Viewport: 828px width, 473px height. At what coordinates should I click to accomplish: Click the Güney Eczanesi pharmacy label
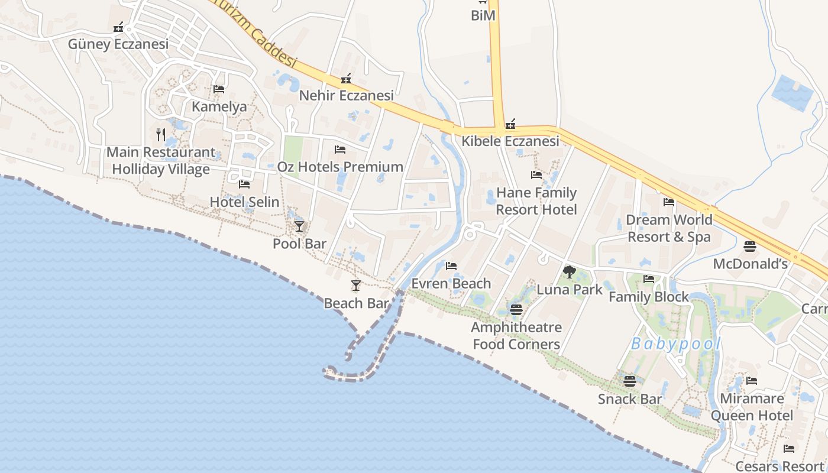point(118,44)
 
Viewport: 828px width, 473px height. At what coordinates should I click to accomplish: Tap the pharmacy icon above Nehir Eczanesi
point(346,79)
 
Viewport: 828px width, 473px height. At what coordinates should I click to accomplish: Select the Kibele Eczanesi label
point(510,141)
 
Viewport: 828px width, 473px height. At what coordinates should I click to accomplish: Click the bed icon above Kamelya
point(219,90)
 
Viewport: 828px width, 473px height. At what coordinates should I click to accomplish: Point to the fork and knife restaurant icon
point(160,135)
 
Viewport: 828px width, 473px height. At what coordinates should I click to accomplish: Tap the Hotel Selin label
point(244,202)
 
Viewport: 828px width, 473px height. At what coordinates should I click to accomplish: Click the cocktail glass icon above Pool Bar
point(299,226)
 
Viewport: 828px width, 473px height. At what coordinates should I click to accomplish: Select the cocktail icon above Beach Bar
point(355,286)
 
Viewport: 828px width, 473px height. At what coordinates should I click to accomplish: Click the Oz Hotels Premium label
point(340,167)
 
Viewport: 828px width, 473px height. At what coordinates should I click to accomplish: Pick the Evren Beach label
point(451,284)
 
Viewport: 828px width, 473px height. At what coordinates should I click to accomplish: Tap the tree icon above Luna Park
point(569,272)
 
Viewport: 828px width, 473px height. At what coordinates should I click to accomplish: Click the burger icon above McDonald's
point(750,247)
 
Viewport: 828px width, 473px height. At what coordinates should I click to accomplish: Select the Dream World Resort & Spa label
point(669,228)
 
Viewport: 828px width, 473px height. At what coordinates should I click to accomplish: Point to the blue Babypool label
point(676,344)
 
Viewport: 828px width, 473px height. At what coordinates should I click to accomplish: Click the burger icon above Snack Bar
point(629,381)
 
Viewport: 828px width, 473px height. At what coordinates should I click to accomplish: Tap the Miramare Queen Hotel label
point(751,407)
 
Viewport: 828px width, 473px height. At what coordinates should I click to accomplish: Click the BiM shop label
point(483,16)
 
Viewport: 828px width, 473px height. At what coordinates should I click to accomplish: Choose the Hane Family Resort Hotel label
point(536,201)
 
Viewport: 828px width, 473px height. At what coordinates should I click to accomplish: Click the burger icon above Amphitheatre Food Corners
point(516,309)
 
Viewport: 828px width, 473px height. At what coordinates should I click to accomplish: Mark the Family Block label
point(649,297)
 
